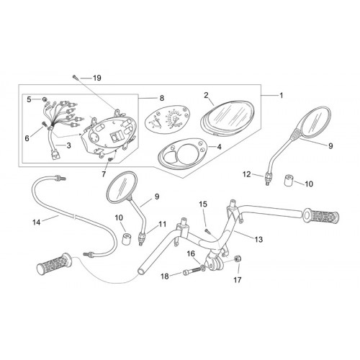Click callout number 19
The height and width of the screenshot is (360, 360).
coord(97,78)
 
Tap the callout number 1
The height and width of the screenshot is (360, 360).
coord(282,96)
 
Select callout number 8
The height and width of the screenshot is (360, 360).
coord(162,98)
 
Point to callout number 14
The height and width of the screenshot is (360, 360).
coord(37,222)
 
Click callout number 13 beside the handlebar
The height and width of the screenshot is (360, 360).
coord(258,239)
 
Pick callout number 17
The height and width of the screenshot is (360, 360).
coord(238,280)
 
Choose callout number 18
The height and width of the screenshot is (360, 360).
coord(165,276)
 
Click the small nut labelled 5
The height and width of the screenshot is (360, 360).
coord(44,99)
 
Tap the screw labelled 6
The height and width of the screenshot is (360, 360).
coord(45,124)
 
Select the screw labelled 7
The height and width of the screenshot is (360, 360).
coord(110,159)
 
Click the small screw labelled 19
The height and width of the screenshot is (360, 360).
coord(75,77)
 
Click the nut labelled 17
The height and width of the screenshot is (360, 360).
coord(238,258)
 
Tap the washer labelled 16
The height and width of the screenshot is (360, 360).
coord(203,267)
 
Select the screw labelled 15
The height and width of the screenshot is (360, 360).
coord(207,232)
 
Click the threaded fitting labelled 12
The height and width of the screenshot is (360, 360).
coord(267,179)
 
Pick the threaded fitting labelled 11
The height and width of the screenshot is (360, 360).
coord(141,238)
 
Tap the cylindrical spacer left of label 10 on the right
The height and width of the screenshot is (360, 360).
coord(289,180)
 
